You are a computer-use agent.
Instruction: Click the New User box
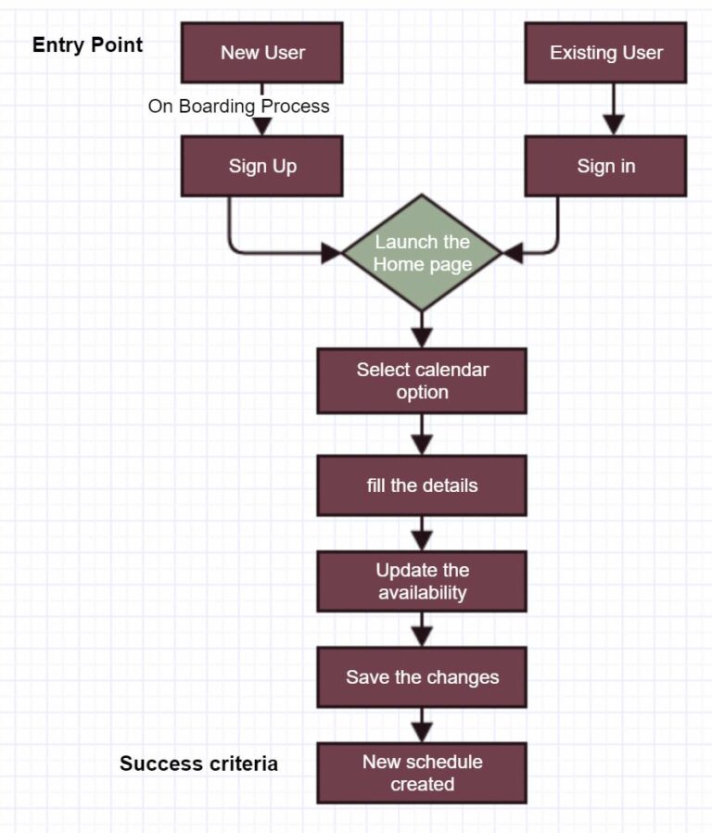[x=262, y=53]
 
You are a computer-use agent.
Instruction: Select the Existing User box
[x=606, y=53]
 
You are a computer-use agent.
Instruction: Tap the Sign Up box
[x=262, y=167]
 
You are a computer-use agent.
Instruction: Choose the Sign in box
[x=606, y=167]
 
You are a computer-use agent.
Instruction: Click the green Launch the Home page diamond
[x=422, y=253]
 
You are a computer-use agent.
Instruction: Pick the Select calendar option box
[x=422, y=381]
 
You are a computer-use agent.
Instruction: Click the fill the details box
[x=422, y=486]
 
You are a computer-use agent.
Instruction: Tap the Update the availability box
[x=422, y=581]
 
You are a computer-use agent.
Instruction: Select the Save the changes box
[x=422, y=677]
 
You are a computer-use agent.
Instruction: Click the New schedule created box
[x=422, y=773]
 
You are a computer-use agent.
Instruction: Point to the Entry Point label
[x=88, y=44]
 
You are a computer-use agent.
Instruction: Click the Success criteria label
[x=198, y=764]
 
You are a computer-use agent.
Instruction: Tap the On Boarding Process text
[x=238, y=107]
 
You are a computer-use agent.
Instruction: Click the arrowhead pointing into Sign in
[x=613, y=126]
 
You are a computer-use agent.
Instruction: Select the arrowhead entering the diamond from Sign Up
[x=332, y=252]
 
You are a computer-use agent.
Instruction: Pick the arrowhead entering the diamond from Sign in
[x=512, y=252]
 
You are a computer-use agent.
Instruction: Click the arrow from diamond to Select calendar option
[x=422, y=331]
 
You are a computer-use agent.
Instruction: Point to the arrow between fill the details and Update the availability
[x=422, y=535]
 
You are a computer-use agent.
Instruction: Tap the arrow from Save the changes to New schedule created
[x=422, y=726]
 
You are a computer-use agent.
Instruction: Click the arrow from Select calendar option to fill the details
[x=422, y=435]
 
